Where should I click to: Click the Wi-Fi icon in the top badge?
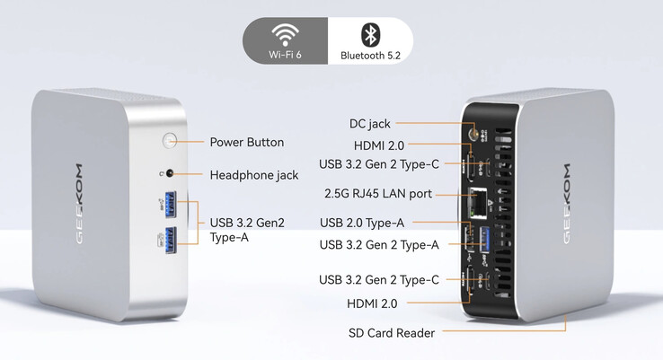click(286, 35)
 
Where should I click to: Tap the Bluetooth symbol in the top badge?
click(369, 34)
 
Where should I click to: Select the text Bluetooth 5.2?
click(369, 56)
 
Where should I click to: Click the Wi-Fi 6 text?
click(286, 56)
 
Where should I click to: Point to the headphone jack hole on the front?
click(170, 174)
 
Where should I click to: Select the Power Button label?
click(246, 142)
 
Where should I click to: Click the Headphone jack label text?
click(253, 175)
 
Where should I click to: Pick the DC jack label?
click(369, 123)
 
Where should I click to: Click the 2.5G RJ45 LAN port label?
click(377, 194)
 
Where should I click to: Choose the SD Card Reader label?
click(391, 333)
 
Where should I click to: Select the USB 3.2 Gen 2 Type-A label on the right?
click(379, 244)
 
